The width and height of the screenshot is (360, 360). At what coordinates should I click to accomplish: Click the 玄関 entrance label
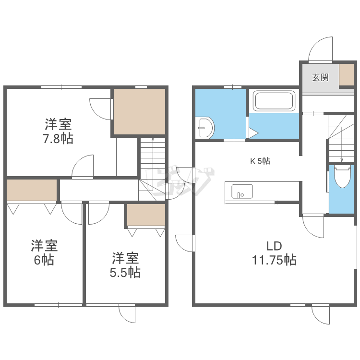tap(320, 78)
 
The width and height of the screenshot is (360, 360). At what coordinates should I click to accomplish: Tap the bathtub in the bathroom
tap(274, 101)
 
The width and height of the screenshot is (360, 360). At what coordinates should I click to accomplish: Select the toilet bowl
tap(342, 177)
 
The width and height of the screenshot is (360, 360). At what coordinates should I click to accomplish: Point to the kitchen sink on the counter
tap(242, 191)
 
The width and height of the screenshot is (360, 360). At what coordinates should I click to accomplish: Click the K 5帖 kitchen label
tap(260, 161)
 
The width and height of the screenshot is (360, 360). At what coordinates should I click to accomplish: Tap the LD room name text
tap(274, 246)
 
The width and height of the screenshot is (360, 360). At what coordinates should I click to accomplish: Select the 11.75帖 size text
tap(274, 260)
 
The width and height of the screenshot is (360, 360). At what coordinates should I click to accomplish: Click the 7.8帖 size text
tap(58, 139)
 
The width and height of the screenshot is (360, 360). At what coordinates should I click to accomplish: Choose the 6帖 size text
tap(44, 260)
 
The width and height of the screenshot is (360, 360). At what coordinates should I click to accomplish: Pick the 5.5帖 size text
tap(125, 272)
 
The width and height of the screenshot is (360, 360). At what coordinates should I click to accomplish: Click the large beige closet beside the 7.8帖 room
tap(140, 111)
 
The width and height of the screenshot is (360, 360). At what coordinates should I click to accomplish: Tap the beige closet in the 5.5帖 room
tap(146, 215)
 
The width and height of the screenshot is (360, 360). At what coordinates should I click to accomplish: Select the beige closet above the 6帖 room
tap(32, 190)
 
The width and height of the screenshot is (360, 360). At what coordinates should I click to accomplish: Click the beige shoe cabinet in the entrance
tap(347, 74)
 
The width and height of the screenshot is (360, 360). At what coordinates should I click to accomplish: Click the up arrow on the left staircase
tap(153, 164)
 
